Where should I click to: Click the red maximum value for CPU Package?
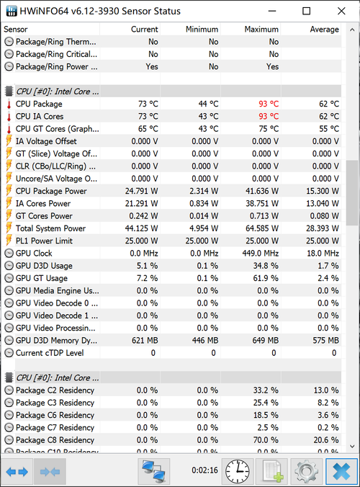(269, 104)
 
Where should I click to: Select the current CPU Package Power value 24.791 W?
(142, 191)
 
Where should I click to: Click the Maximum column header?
(261, 30)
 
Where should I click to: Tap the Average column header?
(324, 30)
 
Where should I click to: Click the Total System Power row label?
(50, 228)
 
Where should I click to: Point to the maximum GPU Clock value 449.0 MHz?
(261, 254)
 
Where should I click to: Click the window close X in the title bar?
(341, 12)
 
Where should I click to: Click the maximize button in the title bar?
(306, 12)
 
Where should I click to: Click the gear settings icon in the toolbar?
(306, 471)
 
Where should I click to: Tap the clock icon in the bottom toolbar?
(237, 471)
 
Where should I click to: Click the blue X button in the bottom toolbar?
(341, 471)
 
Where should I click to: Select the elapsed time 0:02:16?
(204, 470)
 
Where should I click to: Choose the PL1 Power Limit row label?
(44, 241)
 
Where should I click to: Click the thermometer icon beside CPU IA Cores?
(9, 117)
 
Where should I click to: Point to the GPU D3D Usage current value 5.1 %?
(147, 266)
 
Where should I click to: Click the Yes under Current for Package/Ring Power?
(152, 66)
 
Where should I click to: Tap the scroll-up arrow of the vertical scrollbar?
(352, 30)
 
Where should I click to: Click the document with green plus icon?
(272, 471)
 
